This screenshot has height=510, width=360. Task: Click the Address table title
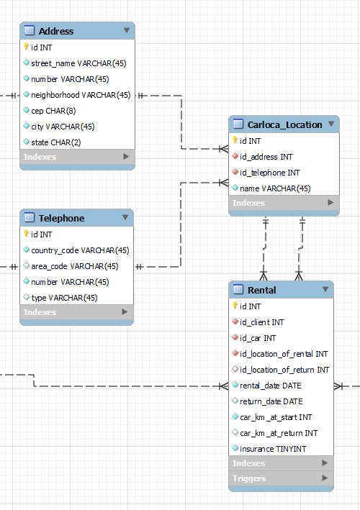click(56, 31)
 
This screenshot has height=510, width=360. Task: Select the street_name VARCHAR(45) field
click(78, 63)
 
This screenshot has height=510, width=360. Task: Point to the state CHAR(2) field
click(55, 142)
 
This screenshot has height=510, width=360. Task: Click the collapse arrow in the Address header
click(127, 30)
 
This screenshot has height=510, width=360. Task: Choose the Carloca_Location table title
click(284, 124)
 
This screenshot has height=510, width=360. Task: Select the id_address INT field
click(266, 157)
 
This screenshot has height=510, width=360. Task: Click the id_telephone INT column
click(269, 173)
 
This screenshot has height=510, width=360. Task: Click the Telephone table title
click(61, 218)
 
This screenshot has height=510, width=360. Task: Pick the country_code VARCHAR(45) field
click(79, 250)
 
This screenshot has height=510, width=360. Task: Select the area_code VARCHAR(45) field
click(74, 266)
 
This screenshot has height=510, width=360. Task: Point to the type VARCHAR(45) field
click(64, 298)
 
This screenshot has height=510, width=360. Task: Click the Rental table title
click(261, 290)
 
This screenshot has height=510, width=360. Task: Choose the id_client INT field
click(261, 322)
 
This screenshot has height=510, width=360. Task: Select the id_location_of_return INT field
click(284, 370)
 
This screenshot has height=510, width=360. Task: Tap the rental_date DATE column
click(266, 386)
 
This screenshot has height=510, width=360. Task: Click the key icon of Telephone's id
click(26, 234)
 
